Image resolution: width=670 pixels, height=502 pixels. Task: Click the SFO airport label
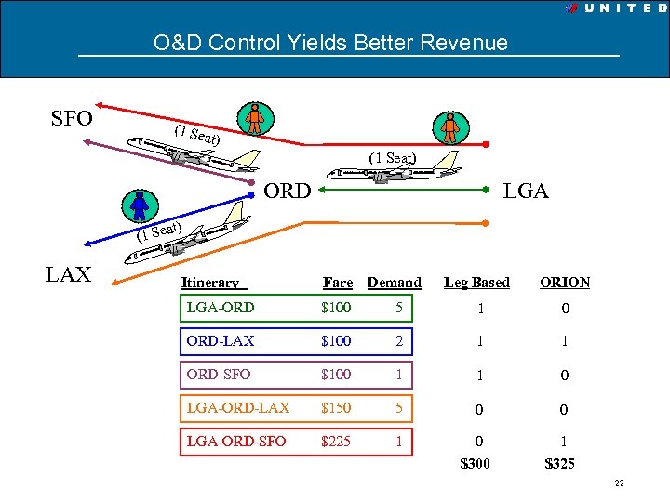(x=71, y=120)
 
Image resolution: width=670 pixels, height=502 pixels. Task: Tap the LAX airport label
(x=69, y=274)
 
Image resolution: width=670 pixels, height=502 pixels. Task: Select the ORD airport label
(x=288, y=192)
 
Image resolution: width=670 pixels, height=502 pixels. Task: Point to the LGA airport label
(x=526, y=192)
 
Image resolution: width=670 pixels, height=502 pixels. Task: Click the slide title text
(x=331, y=43)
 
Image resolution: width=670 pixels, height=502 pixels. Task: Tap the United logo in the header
(x=614, y=7)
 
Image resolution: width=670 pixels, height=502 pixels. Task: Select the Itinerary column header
(x=210, y=283)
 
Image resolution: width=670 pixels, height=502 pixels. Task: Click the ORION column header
(x=565, y=283)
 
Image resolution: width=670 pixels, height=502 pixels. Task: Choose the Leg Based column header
(x=476, y=283)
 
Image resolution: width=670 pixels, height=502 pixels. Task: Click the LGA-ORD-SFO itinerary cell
(x=236, y=442)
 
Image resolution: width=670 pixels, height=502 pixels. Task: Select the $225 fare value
(x=336, y=442)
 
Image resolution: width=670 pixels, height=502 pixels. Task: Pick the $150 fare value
(x=336, y=408)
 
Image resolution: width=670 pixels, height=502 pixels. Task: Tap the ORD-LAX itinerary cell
(x=221, y=341)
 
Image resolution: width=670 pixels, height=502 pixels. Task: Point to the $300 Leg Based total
(x=477, y=463)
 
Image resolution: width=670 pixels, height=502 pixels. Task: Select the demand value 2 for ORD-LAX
(x=398, y=341)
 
